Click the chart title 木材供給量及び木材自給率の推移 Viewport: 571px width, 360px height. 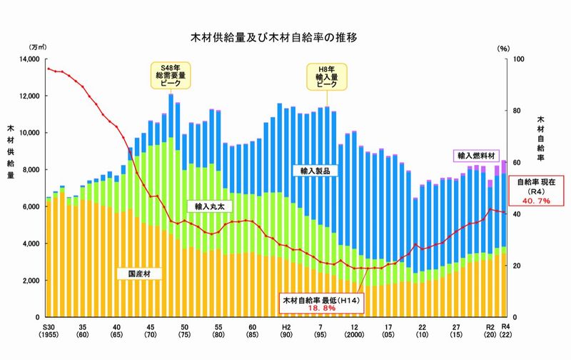[x=273, y=37]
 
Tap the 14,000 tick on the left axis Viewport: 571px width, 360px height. [x=29, y=59]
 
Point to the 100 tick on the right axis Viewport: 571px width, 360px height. [x=518, y=59]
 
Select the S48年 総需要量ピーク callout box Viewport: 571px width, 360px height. [x=171, y=76]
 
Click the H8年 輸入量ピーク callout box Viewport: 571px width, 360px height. [x=327, y=77]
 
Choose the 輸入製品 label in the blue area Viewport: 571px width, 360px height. [x=315, y=171]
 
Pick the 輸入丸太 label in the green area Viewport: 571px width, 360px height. [x=209, y=206]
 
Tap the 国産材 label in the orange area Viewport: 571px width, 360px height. [x=139, y=274]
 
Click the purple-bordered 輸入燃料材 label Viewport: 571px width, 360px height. [x=476, y=156]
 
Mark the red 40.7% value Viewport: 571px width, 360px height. [x=536, y=201]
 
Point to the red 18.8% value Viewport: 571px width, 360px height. [x=322, y=308]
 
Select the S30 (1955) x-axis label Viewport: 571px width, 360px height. [x=49, y=331]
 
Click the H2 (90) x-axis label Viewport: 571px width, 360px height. [x=286, y=331]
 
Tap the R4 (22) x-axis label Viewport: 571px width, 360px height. [x=505, y=331]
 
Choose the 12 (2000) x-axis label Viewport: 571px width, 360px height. [x=354, y=331]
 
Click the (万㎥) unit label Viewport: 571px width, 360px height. [x=39, y=47]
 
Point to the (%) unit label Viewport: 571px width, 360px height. [x=504, y=49]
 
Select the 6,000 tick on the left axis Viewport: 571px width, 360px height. [x=31, y=206]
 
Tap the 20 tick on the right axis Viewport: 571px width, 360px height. [x=516, y=266]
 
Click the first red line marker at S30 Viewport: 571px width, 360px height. [x=49, y=69]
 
